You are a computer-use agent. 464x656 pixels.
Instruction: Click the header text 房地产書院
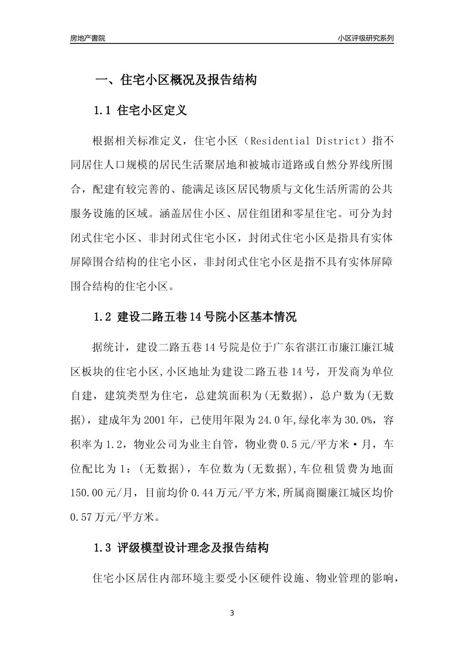(x=87, y=38)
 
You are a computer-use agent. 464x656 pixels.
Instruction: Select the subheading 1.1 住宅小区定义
(x=140, y=111)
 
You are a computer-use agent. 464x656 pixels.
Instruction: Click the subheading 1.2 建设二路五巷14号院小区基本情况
(x=195, y=317)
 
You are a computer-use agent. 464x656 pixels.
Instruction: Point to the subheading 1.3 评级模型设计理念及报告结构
(x=181, y=548)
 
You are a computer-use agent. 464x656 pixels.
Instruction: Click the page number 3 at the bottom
(x=232, y=613)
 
